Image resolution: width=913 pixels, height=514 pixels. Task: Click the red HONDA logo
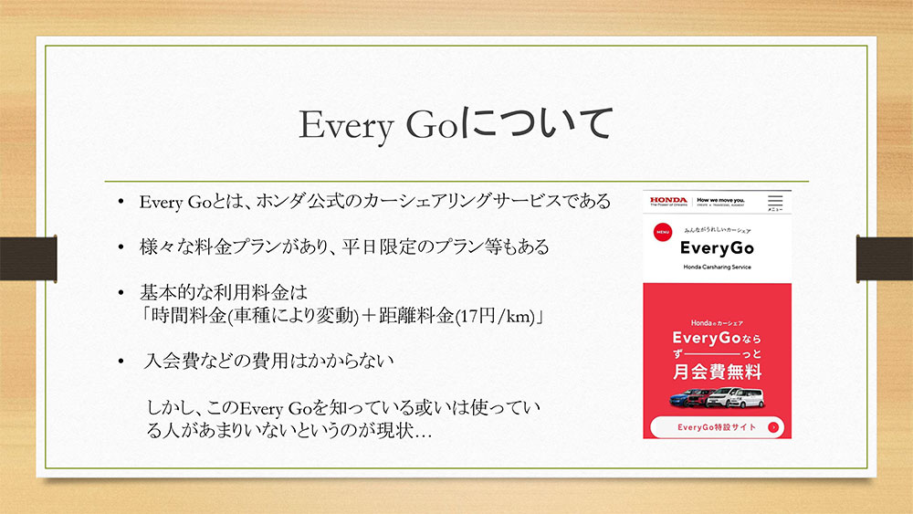[x=668, y=200]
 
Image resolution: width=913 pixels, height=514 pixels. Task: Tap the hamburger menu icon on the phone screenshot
[x=775, y=201]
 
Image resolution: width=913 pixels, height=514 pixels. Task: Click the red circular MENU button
[x=663, y=232]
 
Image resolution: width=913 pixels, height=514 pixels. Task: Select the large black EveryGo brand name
[x=717, y=248]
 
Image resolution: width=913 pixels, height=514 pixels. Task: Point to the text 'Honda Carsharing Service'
[x=717, y=267]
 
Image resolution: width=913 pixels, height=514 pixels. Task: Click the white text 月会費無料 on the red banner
[x=717, y=372]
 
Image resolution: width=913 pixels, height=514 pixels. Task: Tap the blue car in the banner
[x=680, y=399]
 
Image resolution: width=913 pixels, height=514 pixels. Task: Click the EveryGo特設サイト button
[x=717, y=427]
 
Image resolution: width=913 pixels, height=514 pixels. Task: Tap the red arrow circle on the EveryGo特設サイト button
[x=773, y=427]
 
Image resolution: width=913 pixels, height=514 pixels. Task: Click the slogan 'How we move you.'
[x=720, y=200]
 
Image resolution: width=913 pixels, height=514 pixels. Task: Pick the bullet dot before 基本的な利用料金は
[x=121, y=293]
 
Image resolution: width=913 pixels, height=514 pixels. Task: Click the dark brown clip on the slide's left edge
[x=28, y=258]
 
